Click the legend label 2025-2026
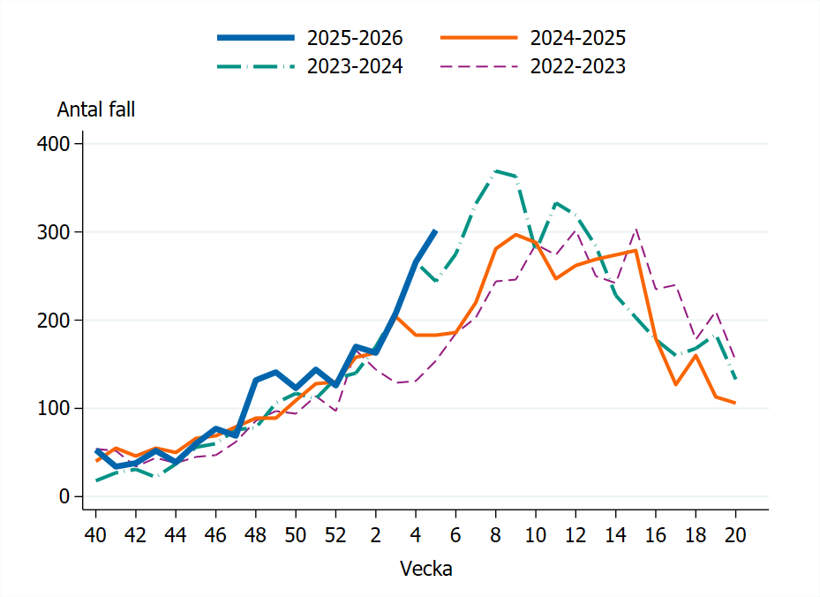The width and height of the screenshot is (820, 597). (355, 38)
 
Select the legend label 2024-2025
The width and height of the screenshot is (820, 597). (578, 38)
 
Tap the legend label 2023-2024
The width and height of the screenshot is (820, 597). (355, 66)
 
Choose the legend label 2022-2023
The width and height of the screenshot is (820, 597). (578, 66)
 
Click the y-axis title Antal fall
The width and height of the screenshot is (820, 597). (96, 110)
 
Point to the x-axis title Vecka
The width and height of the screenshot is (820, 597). (426, 569)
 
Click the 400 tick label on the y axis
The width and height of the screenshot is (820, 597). (54, 143)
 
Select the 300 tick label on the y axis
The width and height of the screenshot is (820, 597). (54, 231)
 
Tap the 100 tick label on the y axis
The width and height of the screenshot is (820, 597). (54, 408)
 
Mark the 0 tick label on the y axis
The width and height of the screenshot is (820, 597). (64, 496)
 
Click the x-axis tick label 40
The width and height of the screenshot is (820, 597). (95, 535)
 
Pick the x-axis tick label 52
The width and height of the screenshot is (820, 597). (335, 535)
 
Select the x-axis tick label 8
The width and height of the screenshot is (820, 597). (495, 535)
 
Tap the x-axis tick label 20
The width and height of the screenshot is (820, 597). (734, 535)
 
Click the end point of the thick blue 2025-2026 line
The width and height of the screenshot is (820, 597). (435, 230)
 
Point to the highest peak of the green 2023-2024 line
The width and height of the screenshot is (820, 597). (496, 170)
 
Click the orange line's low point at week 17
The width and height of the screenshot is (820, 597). (675, 384)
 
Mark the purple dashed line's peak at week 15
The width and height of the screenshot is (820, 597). (636, 229)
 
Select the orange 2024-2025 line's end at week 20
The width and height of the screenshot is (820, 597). (734, 403)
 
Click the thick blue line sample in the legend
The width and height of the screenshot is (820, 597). (256, 38)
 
